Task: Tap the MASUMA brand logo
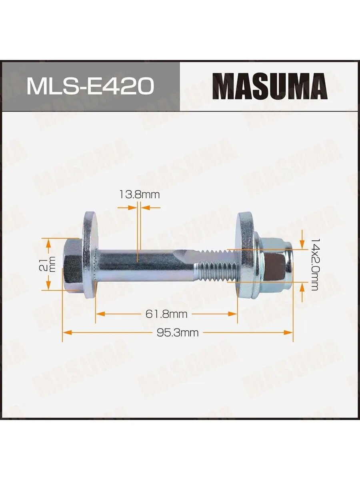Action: pyautogui.click(x=270, y=86)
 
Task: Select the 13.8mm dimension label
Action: pyautogui.click(x=140, y=195)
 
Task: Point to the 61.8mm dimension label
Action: pyautogui.click(x=166, y=314)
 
